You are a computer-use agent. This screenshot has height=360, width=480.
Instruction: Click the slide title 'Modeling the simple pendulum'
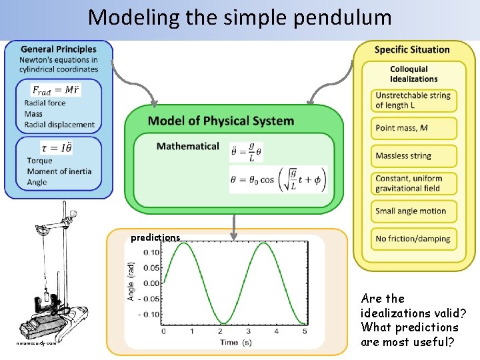coord(240,17)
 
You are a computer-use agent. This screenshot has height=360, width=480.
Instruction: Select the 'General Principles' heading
coord(59,49)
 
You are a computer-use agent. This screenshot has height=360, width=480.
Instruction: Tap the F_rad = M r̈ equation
coord(57,90)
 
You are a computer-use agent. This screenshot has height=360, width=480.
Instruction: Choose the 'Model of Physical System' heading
coord(221,121)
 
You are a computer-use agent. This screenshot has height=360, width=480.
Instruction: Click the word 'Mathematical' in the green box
coord(187,146)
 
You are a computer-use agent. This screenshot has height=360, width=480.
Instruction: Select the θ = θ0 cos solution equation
coord(280,179)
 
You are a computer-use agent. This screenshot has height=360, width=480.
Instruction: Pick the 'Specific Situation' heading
coord(412,49)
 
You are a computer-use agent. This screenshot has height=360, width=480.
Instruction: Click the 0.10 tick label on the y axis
coord(151,252)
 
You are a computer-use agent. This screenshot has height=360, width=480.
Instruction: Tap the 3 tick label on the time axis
coord(249,331)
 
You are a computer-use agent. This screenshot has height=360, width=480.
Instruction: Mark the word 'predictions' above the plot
coord(155,237)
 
